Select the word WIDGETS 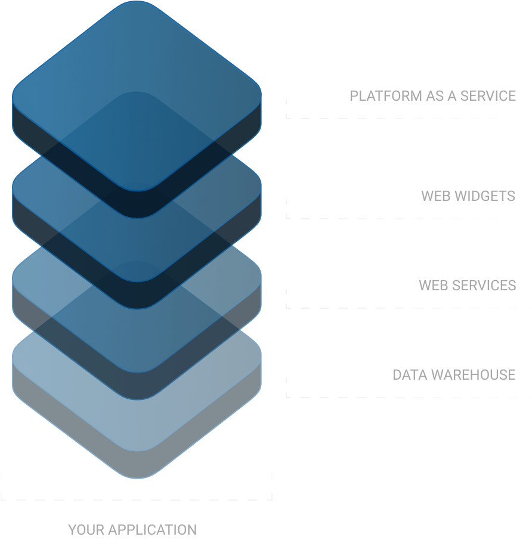(484, 196)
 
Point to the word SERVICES (484, 286)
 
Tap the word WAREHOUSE (473, 375)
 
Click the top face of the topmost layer (137, 95)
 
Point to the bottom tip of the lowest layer (137, 477)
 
